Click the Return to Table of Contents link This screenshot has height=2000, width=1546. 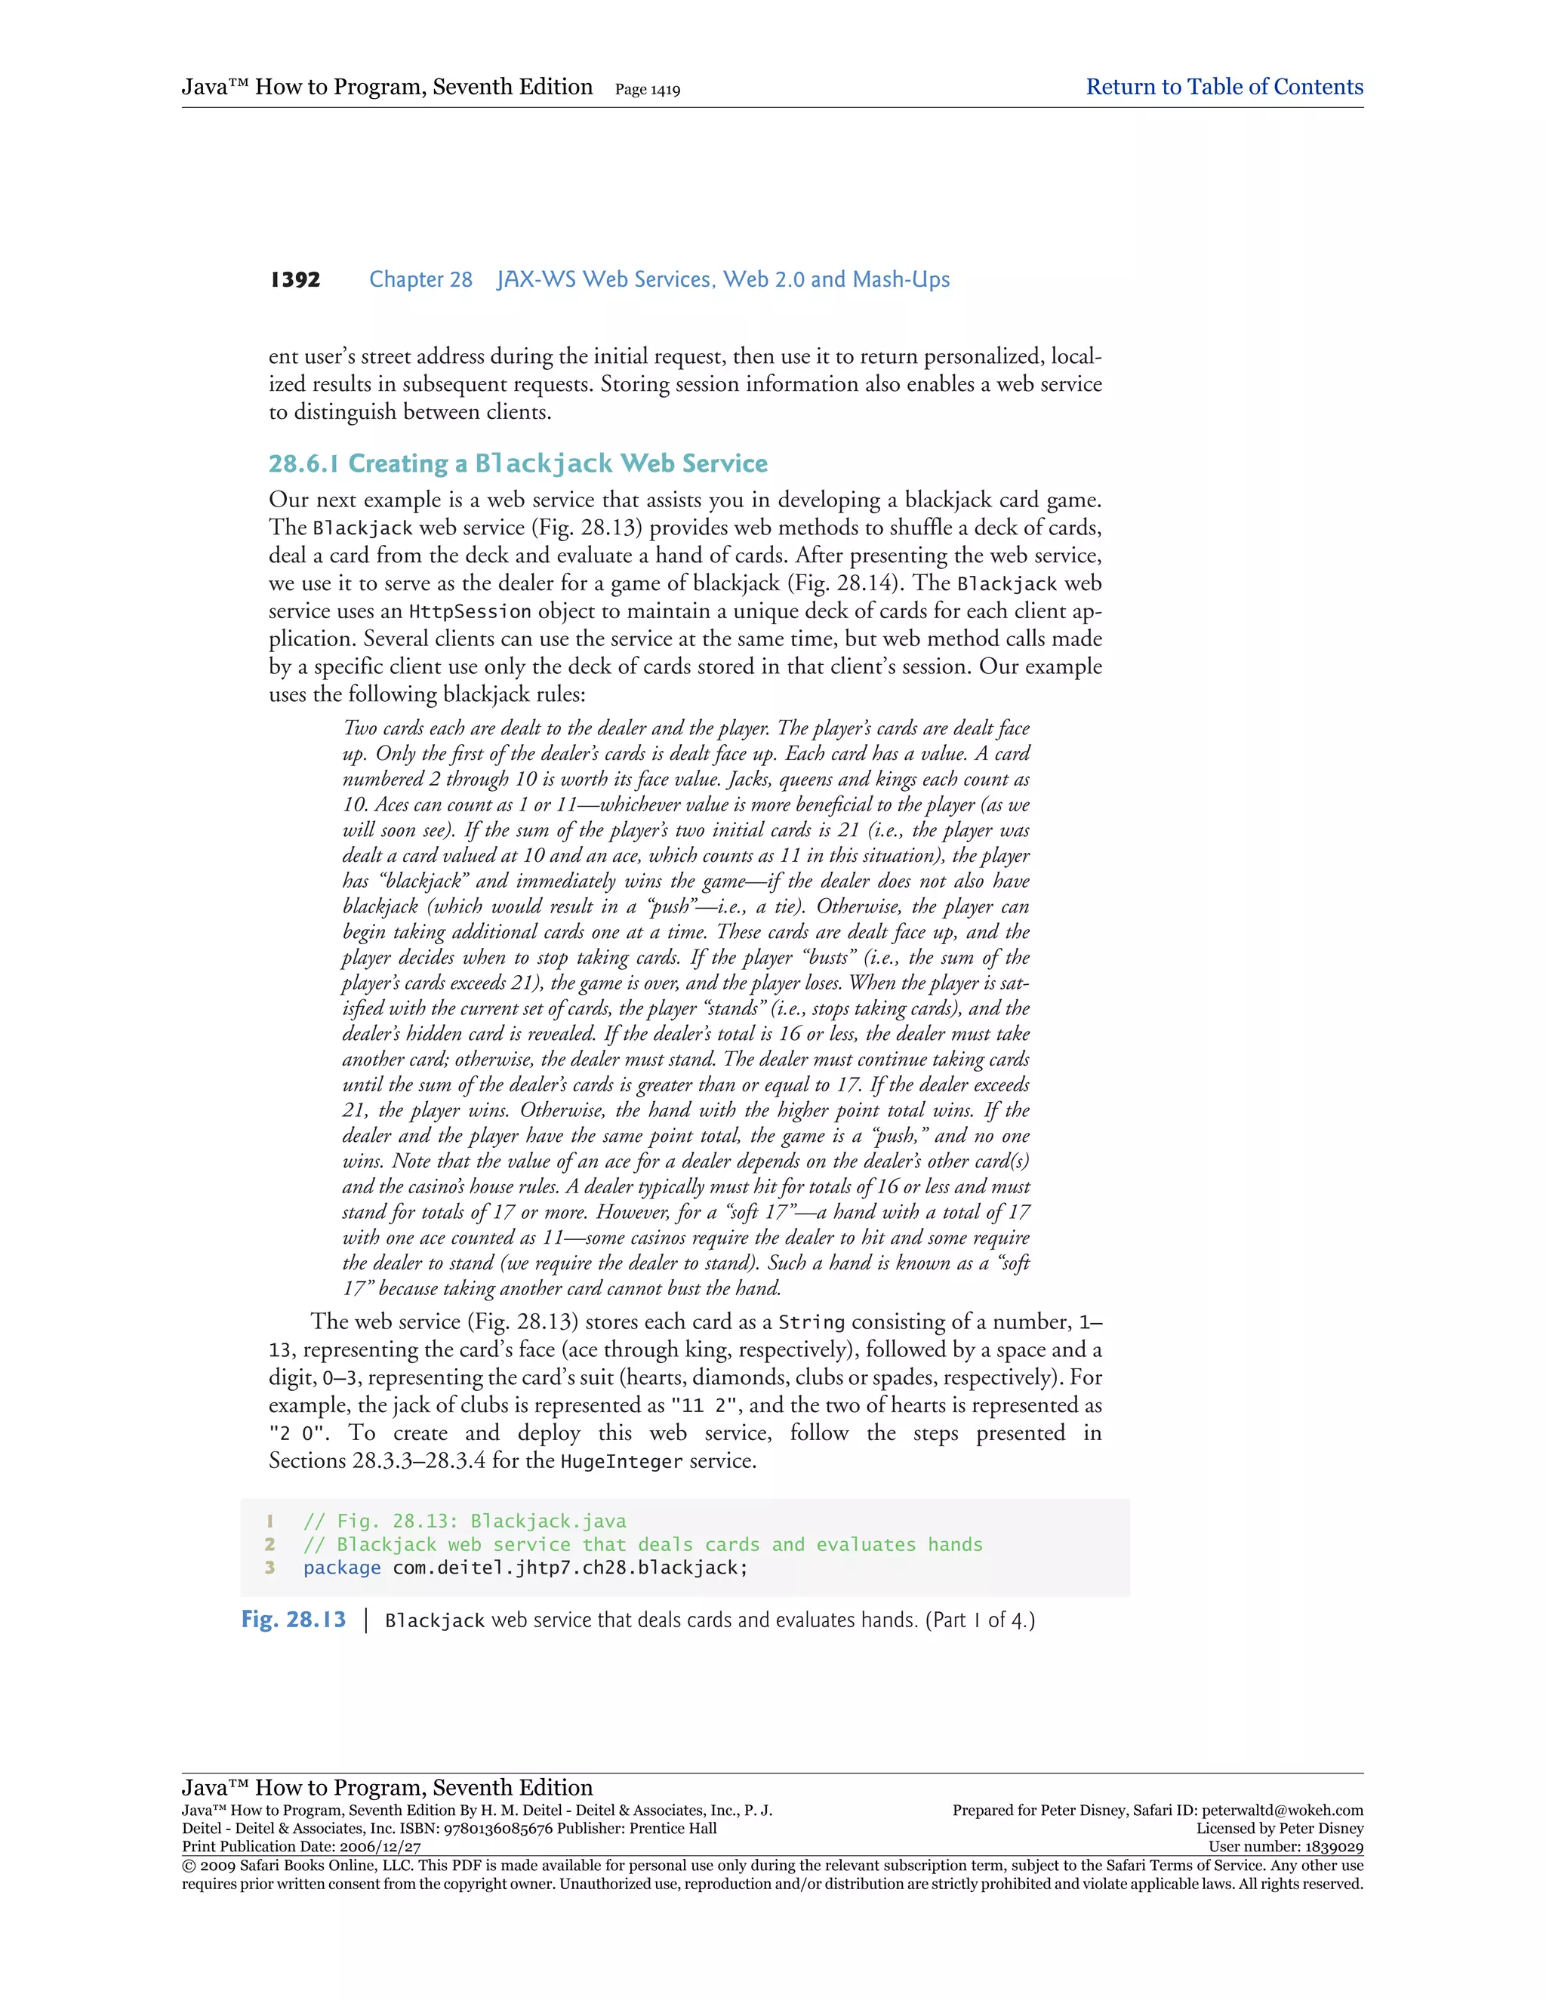click(1224, 87)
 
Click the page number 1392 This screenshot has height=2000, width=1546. click(295, 279)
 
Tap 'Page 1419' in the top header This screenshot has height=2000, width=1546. click(648, 90)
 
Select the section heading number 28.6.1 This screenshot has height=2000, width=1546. click(303, 463)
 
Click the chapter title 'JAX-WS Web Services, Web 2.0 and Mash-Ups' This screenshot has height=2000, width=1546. click(722, 279)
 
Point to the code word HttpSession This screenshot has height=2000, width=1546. click(469, 612)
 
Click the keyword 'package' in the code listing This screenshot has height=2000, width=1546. click(342, 1567)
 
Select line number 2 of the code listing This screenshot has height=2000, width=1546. click(270, 1544)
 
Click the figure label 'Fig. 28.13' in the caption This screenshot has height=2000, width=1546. click(294, 1619)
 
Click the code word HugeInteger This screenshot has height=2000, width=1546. click(621, 1462)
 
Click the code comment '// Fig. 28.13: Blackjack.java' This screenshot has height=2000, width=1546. click(464, 1521)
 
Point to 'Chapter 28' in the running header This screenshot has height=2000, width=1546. click(420, 279)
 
